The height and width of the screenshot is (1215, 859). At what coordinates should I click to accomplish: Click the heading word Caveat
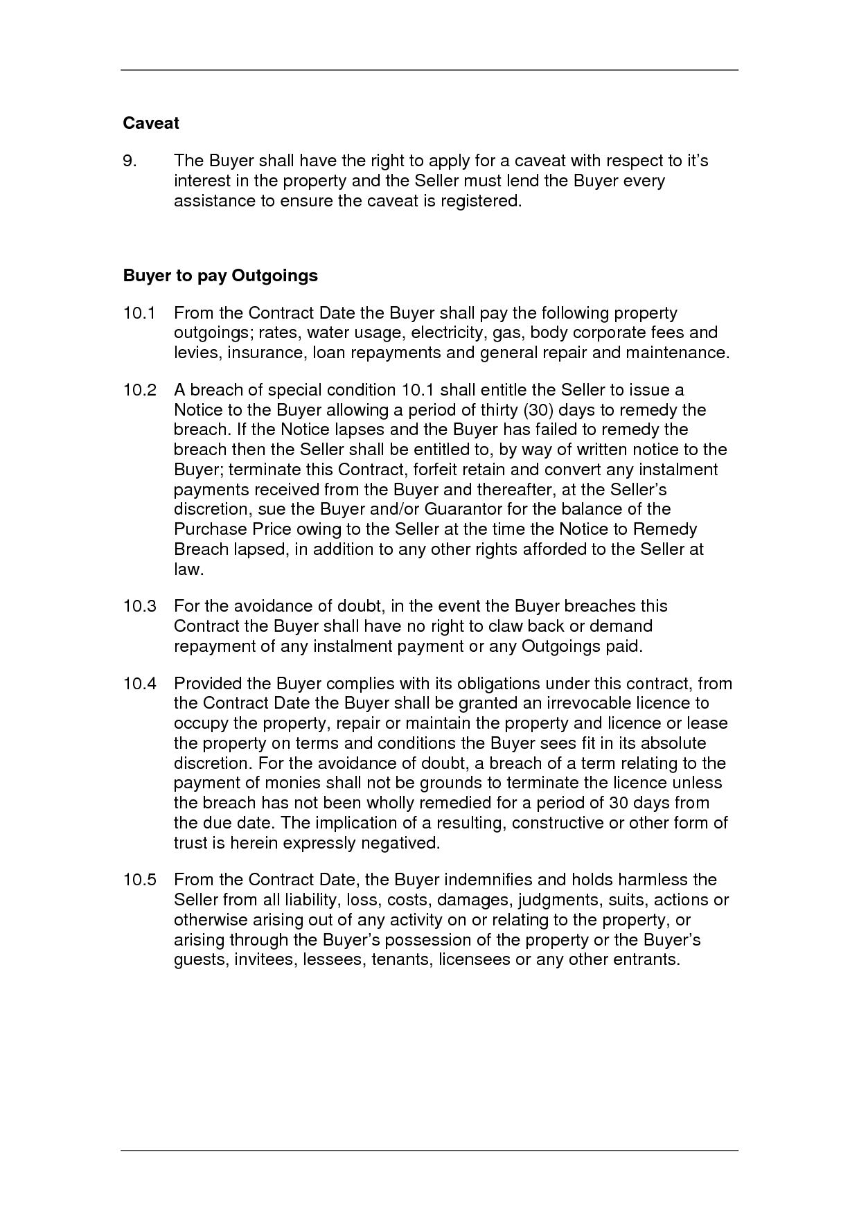[151, 123]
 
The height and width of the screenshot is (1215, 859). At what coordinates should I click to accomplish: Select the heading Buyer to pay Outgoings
[220, 276]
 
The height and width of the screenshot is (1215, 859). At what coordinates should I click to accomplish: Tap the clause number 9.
[130, 161]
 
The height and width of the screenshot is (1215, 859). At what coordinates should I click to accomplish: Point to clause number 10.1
[139, 313]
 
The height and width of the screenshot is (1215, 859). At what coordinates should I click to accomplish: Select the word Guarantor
[463, 509]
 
